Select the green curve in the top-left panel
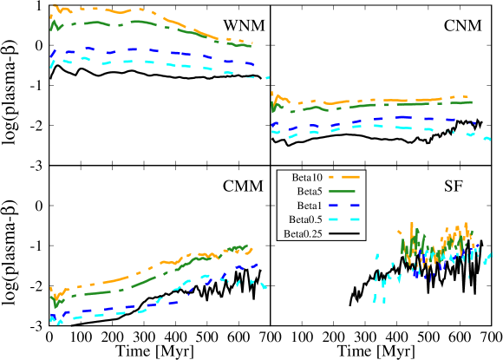(139, 22)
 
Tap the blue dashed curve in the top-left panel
(130, 50)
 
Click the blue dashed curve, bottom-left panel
(130, 307)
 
